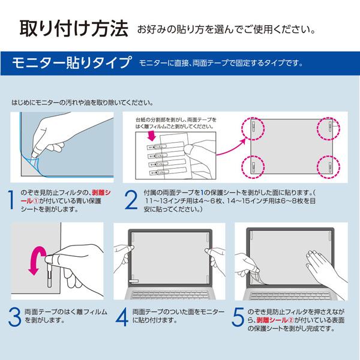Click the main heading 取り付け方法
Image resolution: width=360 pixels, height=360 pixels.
coord(74,28)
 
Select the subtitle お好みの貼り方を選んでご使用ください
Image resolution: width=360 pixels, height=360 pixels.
coord(225,29)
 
